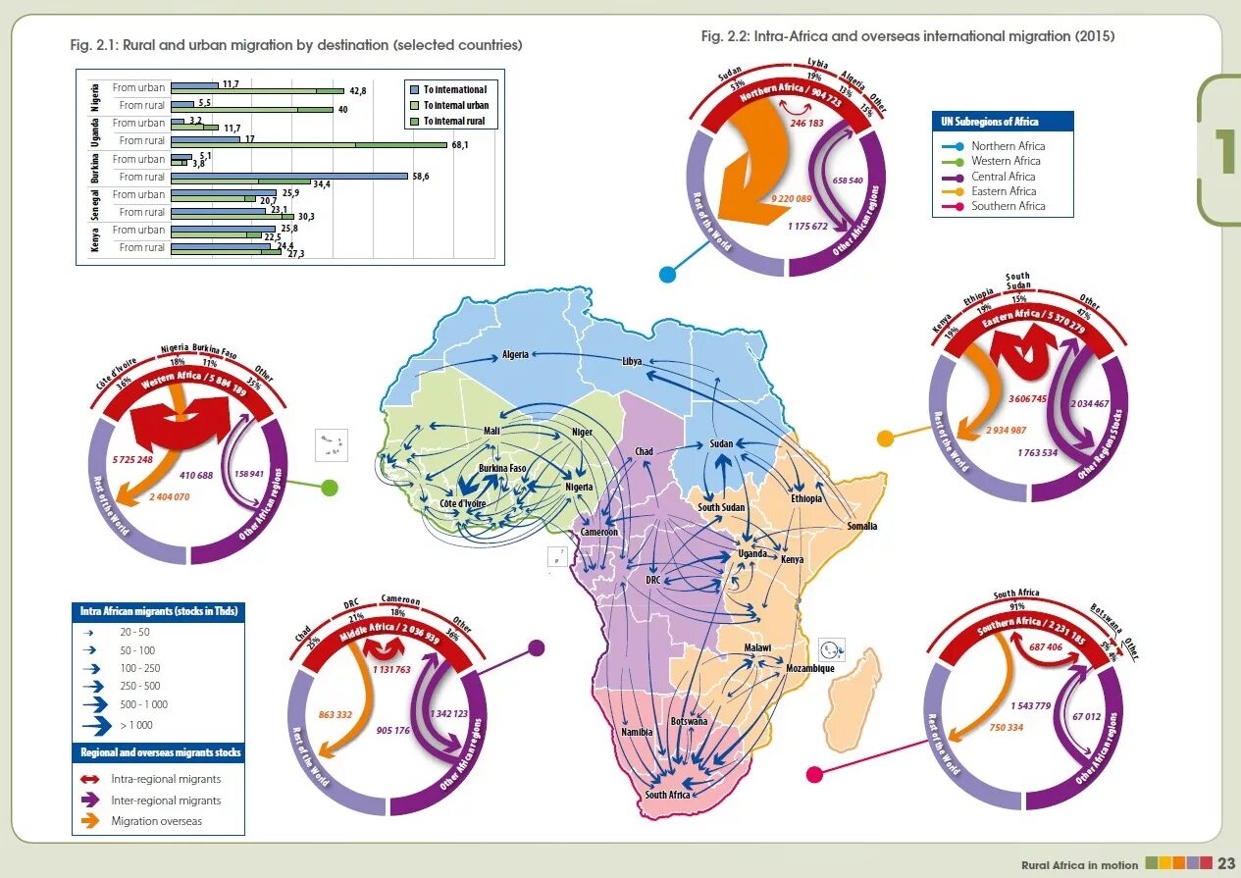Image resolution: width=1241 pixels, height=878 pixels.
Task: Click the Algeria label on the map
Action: coord(515,354)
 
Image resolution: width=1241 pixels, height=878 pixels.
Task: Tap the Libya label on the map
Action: coord(632,361)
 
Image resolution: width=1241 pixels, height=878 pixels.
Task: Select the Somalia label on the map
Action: coord(862,526)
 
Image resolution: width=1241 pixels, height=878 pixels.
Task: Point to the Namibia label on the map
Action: coord(637,732)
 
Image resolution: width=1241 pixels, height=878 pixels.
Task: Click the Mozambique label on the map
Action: coord(809,668)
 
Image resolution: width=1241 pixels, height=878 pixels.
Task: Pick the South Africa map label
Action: coord(667,795)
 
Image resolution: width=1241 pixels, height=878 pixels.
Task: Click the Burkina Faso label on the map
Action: coord(502,469)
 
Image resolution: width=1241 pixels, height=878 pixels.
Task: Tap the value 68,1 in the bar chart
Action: coord(460,145)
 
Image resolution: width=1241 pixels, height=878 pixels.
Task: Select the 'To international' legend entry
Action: coord(454,89)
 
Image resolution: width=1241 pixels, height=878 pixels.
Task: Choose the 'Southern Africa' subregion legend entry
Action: coord(1008,206)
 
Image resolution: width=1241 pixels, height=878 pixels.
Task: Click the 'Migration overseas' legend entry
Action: coord(156,821)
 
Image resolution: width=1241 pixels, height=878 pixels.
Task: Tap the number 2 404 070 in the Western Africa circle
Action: coord(170,497)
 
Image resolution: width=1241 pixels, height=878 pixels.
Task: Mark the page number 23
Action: coord(1226,863)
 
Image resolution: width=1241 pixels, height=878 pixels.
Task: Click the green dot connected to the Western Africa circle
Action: coord(329,488)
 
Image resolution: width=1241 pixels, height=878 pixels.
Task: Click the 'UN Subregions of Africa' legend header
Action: coord(1002,122)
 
